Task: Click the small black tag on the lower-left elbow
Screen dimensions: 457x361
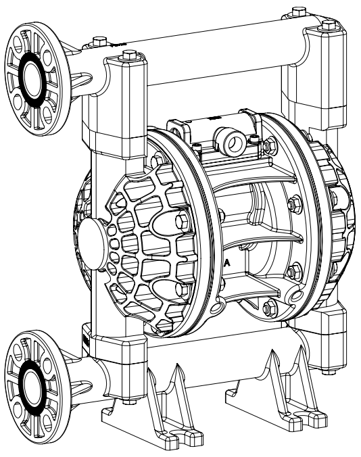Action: pos(85,336)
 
